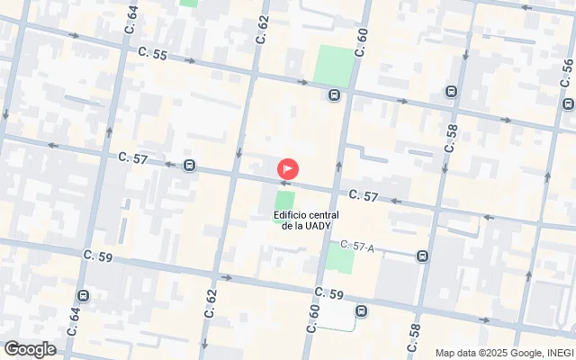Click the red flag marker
point(288,168)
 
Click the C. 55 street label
point(154,55)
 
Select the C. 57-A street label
point(357,246)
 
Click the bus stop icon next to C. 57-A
point(422,256)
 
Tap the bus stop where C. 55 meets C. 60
point(334,95)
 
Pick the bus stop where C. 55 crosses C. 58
point(451,91)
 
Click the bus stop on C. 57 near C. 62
point(189,165)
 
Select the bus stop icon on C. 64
point(83,295)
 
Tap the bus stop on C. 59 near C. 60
point(361,312)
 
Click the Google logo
point(30,349)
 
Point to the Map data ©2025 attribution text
point(504,353)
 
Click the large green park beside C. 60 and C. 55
point(334,65)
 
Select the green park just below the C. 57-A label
point(340,260)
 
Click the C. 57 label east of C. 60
point(363,195)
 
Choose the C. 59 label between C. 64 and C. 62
point(98,256)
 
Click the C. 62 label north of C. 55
point(263,30)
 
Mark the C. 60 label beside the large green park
point(361,40)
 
